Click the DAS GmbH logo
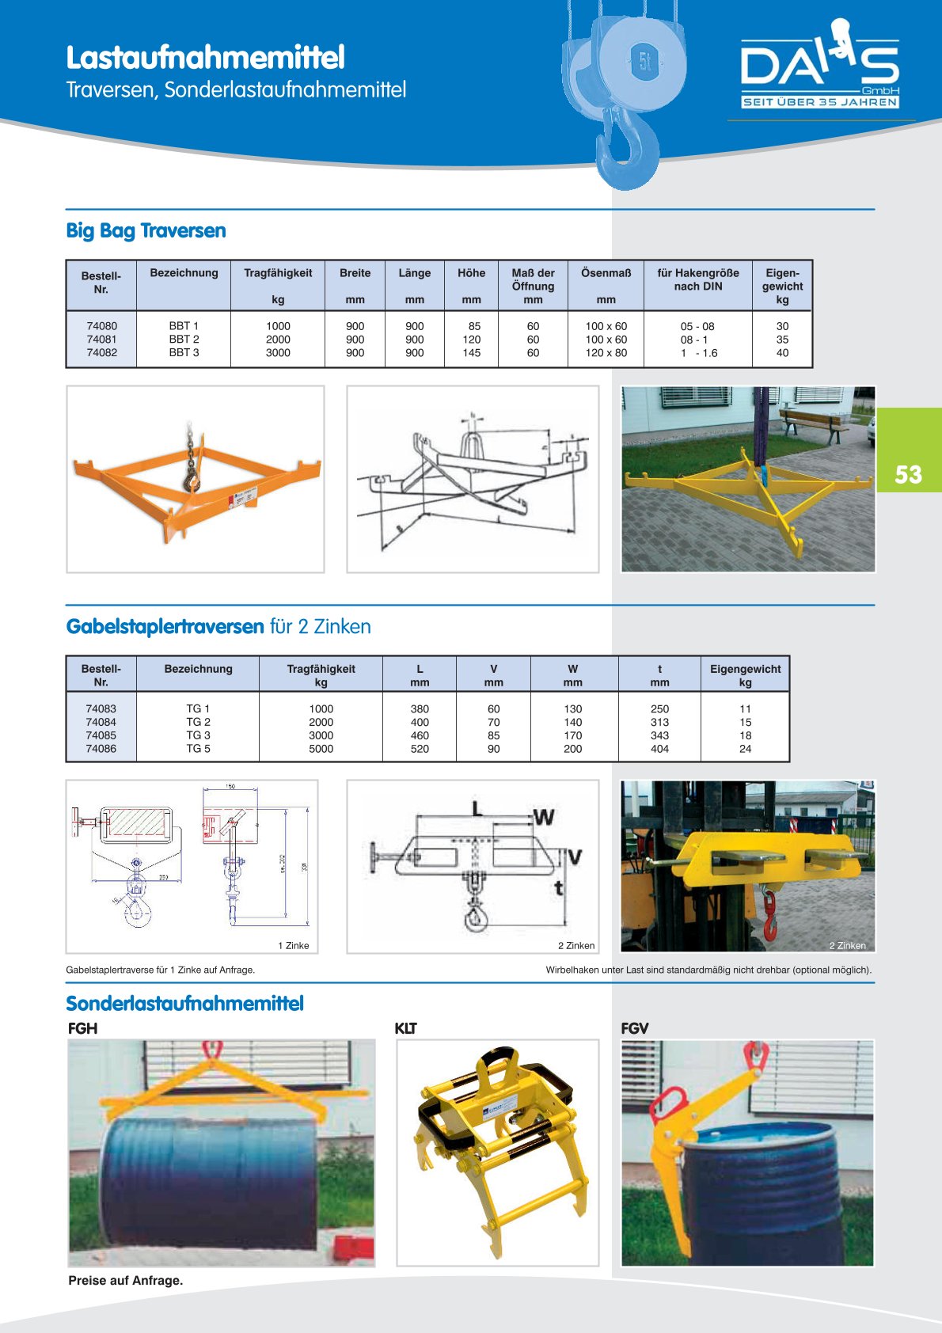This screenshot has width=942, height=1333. pos(819,67)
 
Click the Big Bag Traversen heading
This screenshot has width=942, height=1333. pos(146,231)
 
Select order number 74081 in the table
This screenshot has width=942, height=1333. pos(102,340)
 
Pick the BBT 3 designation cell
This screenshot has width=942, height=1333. pos(184,353)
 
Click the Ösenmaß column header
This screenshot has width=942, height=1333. pos(606,273)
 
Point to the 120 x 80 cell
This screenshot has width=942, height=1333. pos(606,353)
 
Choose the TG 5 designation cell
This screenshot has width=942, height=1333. pos(198,749)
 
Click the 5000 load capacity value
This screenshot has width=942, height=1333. pos(321,749)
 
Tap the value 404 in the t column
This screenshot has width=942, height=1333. pos(659,749)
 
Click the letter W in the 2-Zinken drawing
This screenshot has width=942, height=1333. pos(544,817)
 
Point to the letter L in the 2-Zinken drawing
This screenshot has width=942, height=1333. pos(477,809)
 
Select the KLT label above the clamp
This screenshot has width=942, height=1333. pos(405,1029)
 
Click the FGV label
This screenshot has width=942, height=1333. pos(634,1029)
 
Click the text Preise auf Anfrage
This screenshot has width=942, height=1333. pos(125,1281)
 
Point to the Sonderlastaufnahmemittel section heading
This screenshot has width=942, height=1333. pos(184,1004)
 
